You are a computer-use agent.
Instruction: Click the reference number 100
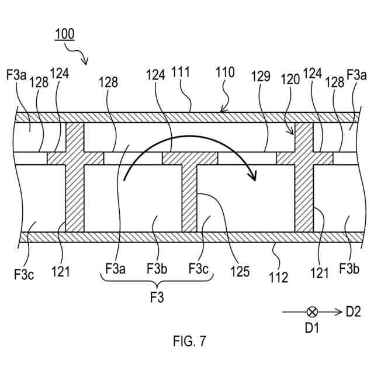64,34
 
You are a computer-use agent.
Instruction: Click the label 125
240,271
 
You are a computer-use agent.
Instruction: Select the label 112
278,277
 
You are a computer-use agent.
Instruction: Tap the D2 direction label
354,312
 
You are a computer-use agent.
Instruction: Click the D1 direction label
312,328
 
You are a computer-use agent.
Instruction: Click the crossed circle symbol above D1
312,312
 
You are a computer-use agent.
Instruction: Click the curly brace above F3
157,283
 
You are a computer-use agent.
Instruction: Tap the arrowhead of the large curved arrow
254,174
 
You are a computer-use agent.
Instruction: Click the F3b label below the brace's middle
157,268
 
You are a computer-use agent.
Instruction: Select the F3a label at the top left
16,75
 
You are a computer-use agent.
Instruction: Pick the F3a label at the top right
356,75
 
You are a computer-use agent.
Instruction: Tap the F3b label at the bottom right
350,271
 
